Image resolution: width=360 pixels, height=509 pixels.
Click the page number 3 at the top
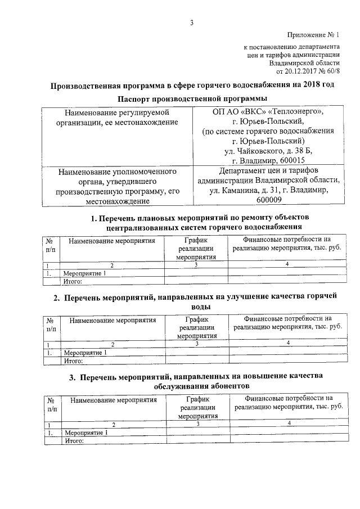click(x=191, y=23)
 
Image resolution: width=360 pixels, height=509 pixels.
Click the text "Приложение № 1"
click(x=313, y=35)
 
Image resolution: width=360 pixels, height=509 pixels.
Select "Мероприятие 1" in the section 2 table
click(x=85, y=353)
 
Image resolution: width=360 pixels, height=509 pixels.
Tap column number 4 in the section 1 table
click(x=287, y=264)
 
